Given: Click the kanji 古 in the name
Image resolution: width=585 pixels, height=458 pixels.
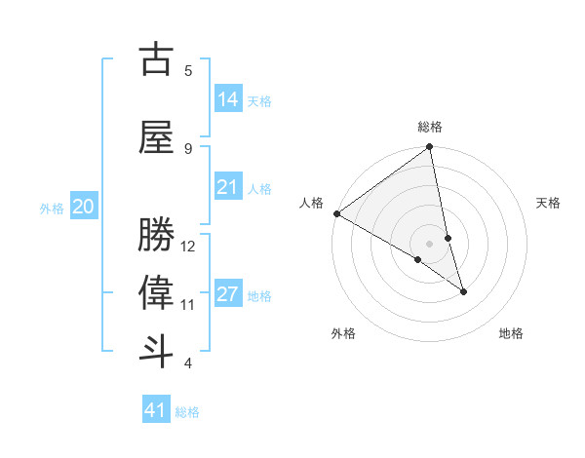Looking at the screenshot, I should point(157,60).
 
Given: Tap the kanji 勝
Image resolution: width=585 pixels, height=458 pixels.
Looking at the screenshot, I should point(157,236).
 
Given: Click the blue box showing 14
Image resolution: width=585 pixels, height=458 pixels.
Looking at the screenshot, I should point(228,98).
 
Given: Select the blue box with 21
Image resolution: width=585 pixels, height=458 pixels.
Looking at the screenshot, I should point(228,187).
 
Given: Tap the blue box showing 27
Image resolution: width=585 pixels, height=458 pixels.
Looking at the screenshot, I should point(228,294).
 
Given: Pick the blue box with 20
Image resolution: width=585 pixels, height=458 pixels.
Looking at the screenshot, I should point(84,207).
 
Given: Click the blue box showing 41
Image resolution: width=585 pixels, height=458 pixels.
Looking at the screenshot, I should point(157,410).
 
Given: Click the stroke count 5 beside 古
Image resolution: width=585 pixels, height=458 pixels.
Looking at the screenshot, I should point(188,70).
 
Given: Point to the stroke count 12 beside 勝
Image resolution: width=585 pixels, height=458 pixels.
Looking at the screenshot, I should point(188,246).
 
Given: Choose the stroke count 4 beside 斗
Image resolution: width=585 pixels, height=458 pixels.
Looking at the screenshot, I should point(188,363).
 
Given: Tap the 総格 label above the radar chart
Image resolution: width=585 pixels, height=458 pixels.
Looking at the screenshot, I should point(430,127).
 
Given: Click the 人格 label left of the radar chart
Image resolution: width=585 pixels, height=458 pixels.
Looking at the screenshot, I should point(312,203).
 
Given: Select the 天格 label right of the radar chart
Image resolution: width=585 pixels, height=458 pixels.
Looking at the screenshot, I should point(548,203).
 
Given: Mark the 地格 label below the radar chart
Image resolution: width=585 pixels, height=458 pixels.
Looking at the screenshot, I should point(511,333).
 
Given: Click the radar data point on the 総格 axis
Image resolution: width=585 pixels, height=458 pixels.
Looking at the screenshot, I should point(429,147).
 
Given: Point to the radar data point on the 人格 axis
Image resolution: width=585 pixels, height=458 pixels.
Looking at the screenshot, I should point(336,213).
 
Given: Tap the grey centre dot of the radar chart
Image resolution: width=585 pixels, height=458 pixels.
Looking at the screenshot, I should point(430,243).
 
